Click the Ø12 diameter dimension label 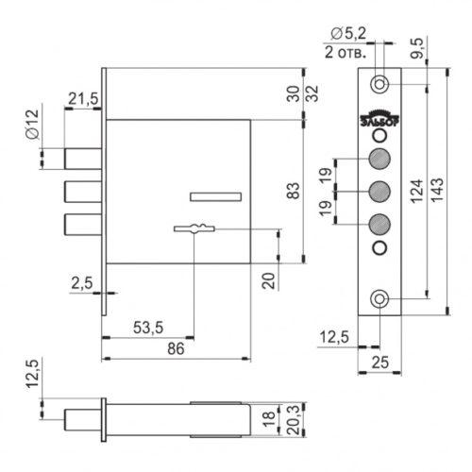[x=32, y=124]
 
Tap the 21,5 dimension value [x=83, y=99]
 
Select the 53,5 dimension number [x=148, y=328]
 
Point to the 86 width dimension [x=176, y=348]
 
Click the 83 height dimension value [x=294, y=191]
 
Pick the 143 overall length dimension [x=437, y=190]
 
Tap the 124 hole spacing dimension [x=417, y=191]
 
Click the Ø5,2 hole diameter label [x=348, y=33]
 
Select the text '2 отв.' [x=346, y=52]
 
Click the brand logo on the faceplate [x=379, y=118]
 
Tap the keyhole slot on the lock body [x=194, y=228]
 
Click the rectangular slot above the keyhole [x=216, y=196]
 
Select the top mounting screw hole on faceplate [x=379, y=84]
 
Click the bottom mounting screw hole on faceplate [x=379, y=299]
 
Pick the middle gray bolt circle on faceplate [x=379, y=191]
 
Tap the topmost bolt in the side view [x=83, y=159]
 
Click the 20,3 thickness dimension [x=293, y=420]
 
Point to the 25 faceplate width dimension [x=380, y=362]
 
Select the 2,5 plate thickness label [x=82, y=283]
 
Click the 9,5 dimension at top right [x=417, y=48]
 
